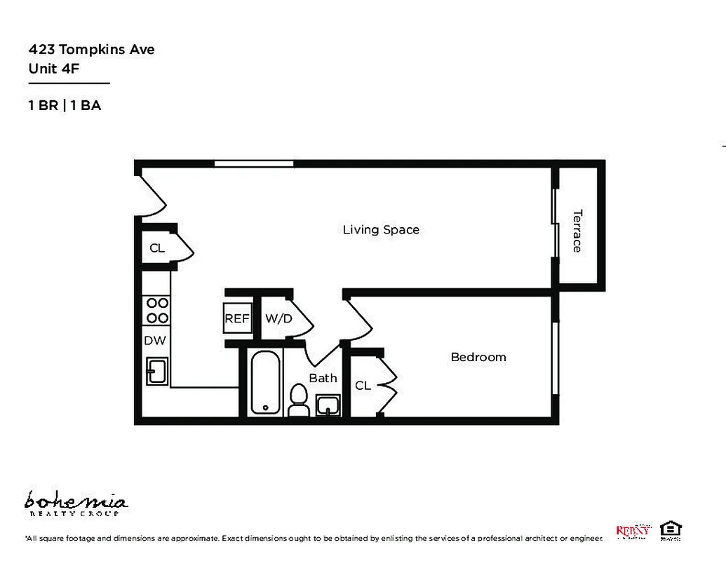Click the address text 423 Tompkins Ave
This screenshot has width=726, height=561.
(x=91, y=50)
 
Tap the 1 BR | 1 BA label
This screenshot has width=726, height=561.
(x=65, y=106)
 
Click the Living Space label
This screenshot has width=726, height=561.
(x=381, y=230)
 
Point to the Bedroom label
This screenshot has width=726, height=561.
(x=478, y=358)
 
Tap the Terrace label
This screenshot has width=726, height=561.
(x=577, y=231)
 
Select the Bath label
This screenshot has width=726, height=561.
(x=323, y=378)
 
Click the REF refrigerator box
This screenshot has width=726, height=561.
(x=237, y=318)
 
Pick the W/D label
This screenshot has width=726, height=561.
(x=278, y=318)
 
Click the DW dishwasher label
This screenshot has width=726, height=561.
(x=154, y=341)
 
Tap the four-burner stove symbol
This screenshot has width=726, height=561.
(x=156, y=311)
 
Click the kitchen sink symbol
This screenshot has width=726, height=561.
(x=157, y=370)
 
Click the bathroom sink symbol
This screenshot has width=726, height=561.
(x=328, y=405)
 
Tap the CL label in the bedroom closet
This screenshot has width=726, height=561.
(x=363, y=386)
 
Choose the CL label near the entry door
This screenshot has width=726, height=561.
(x=157, y=248)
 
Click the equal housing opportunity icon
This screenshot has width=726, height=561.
(x=671, y=529)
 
